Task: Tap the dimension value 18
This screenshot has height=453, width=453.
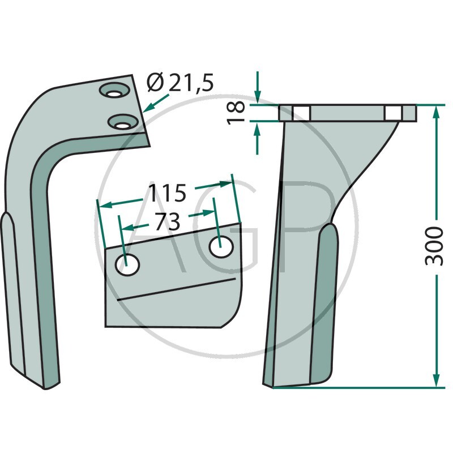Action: pyautogui.click(x=236, y=113)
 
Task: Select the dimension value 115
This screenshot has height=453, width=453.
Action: pyautogui.click(x=167, y=193)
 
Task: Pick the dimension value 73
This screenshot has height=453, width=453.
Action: pyautogui.click(x=168, y=222)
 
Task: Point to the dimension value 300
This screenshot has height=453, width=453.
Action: pyautogui.click(x=434, y=246)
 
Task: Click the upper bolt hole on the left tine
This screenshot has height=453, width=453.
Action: pyautogui.click(x=114, y=91)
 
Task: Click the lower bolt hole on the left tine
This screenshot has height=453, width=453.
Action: pyautogui.click(x=122, y=122)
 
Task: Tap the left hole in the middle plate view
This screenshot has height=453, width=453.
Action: pyautogui.click(x=127, y=264)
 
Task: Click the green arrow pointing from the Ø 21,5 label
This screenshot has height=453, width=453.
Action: pyautogui.click(x=156, y=103)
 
